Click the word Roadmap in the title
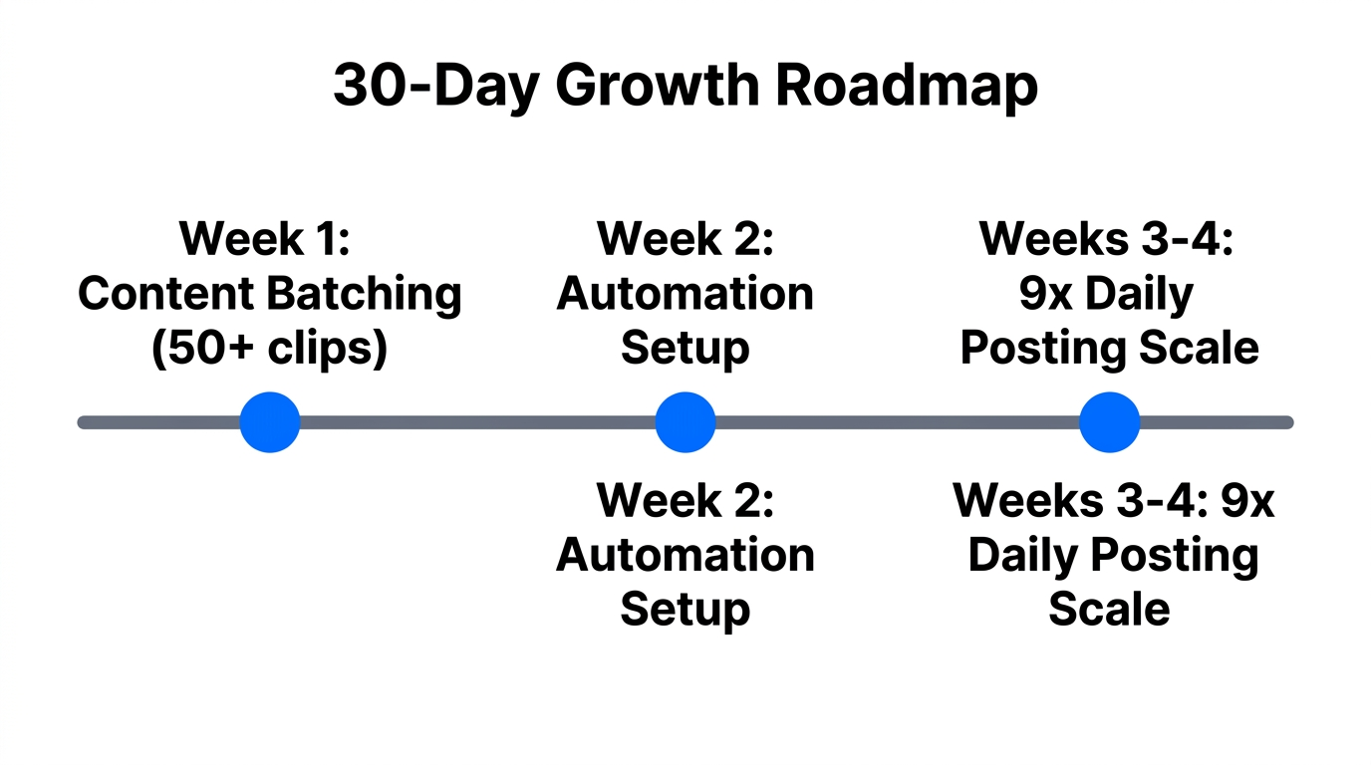pyautogui.click(x=906, y=86)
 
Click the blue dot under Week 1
pyautogui.click(x=270, y=422)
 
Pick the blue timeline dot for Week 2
pyautogui.click(x=685, y=422)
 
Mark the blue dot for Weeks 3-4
pyautogui.click(x=1109, y=422)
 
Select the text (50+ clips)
pyautogui.click(x=269, y=349)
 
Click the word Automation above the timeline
pyautogui.click(x=685, y=294)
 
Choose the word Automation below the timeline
pyautogui.click(x=685, y=555)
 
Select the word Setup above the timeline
pyautogui.click(x=685, y=349)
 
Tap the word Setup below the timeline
pyautogui.click(x=685, y=609)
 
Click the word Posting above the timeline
pyautogui.click(x=1028, y=349)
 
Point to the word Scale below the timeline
pyautogui.click(x=1109, y=609)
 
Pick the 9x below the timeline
pyautogui.click(x=1247, y=500)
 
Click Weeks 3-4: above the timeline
pyautogui.click(x=1107, y=239)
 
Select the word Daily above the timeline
pyautogui.click(x=1139, y=294)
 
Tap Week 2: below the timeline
pyautogui.click(x=685, y=500)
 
